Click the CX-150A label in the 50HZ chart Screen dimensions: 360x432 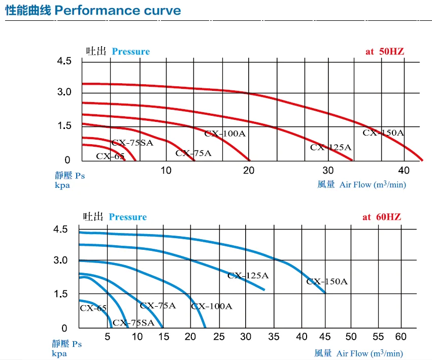click(383, 133)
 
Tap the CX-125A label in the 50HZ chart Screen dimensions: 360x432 click(330, 148)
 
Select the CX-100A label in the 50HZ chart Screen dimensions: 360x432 click(225, 134)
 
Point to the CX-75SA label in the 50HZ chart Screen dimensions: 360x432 click(132, 143)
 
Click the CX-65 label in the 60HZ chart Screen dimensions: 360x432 click(93, 308)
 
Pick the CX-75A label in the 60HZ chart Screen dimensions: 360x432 click(157, 306)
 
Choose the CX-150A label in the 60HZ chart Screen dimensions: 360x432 click(327, 281)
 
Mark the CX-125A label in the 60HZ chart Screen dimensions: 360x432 click(248, 276)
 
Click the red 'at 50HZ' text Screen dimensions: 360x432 click(384, 51)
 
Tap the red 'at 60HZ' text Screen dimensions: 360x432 click(382, 217)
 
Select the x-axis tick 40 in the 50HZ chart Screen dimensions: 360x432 click(404, 170)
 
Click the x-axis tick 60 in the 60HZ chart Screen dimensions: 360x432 click(401, 336)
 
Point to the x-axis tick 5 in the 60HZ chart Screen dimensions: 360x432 click(108, 336)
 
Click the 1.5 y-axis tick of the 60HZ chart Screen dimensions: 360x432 click(60, 294)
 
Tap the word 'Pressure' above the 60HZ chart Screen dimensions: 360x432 click(127, 217)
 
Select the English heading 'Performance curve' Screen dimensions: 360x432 click(118, 10)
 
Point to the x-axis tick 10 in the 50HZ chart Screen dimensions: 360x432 click(166, 170)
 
